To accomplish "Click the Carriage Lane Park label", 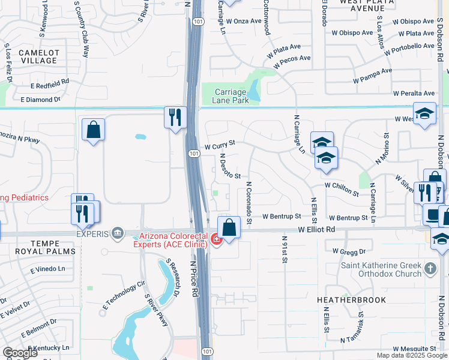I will point(231,96).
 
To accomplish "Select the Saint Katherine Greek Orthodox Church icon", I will point(430,269).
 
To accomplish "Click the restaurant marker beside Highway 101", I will point(173,116).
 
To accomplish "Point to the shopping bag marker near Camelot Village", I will point(93,130).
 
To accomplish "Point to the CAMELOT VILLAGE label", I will point(38,56).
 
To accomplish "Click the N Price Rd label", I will point(194,279).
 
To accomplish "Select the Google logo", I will point(20,353).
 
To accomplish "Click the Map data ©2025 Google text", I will point(411,355).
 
